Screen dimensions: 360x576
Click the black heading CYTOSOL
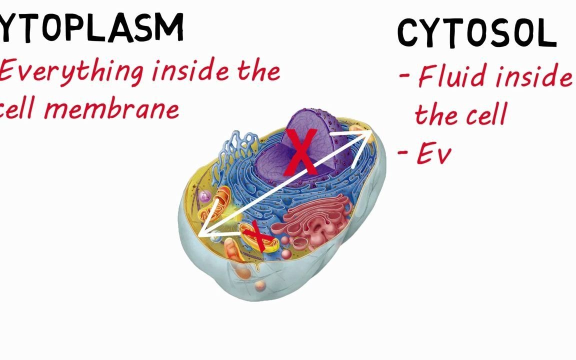476,33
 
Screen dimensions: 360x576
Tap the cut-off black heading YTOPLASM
91,27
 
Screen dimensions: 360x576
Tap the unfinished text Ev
433,155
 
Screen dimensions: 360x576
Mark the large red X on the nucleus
301,152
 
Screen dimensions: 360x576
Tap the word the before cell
436,114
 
